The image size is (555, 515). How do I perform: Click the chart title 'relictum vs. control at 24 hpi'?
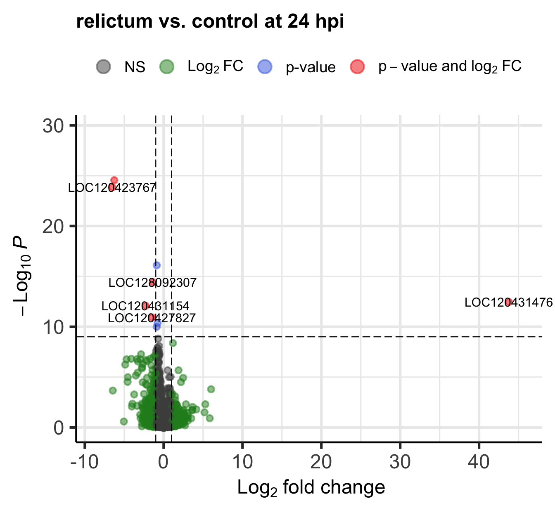(210, 21)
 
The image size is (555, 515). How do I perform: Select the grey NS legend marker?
(104, 66)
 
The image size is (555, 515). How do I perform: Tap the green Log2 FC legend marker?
(167, 66)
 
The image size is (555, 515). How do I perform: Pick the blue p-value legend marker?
(265, 66)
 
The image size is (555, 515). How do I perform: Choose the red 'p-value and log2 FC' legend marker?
(357, 66)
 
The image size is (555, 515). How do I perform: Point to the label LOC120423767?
(112, 188)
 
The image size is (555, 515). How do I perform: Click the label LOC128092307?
(152, 283)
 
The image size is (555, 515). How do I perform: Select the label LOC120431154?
(145, 306)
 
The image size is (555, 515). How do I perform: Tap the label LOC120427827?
(152, 318)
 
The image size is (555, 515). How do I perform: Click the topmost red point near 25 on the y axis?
(114, 180)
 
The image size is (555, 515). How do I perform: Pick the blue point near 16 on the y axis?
(157, 265)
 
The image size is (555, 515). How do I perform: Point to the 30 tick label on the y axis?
(53, 126)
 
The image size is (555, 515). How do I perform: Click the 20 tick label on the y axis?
(53, 227)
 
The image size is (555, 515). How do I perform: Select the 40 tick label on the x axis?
(479, 462)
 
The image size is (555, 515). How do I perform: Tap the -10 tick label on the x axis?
(84, 462)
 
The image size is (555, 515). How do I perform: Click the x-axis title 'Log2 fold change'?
(311, 488)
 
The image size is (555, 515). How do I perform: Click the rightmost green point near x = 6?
(211, 389)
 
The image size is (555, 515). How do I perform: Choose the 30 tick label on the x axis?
(400, 462)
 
